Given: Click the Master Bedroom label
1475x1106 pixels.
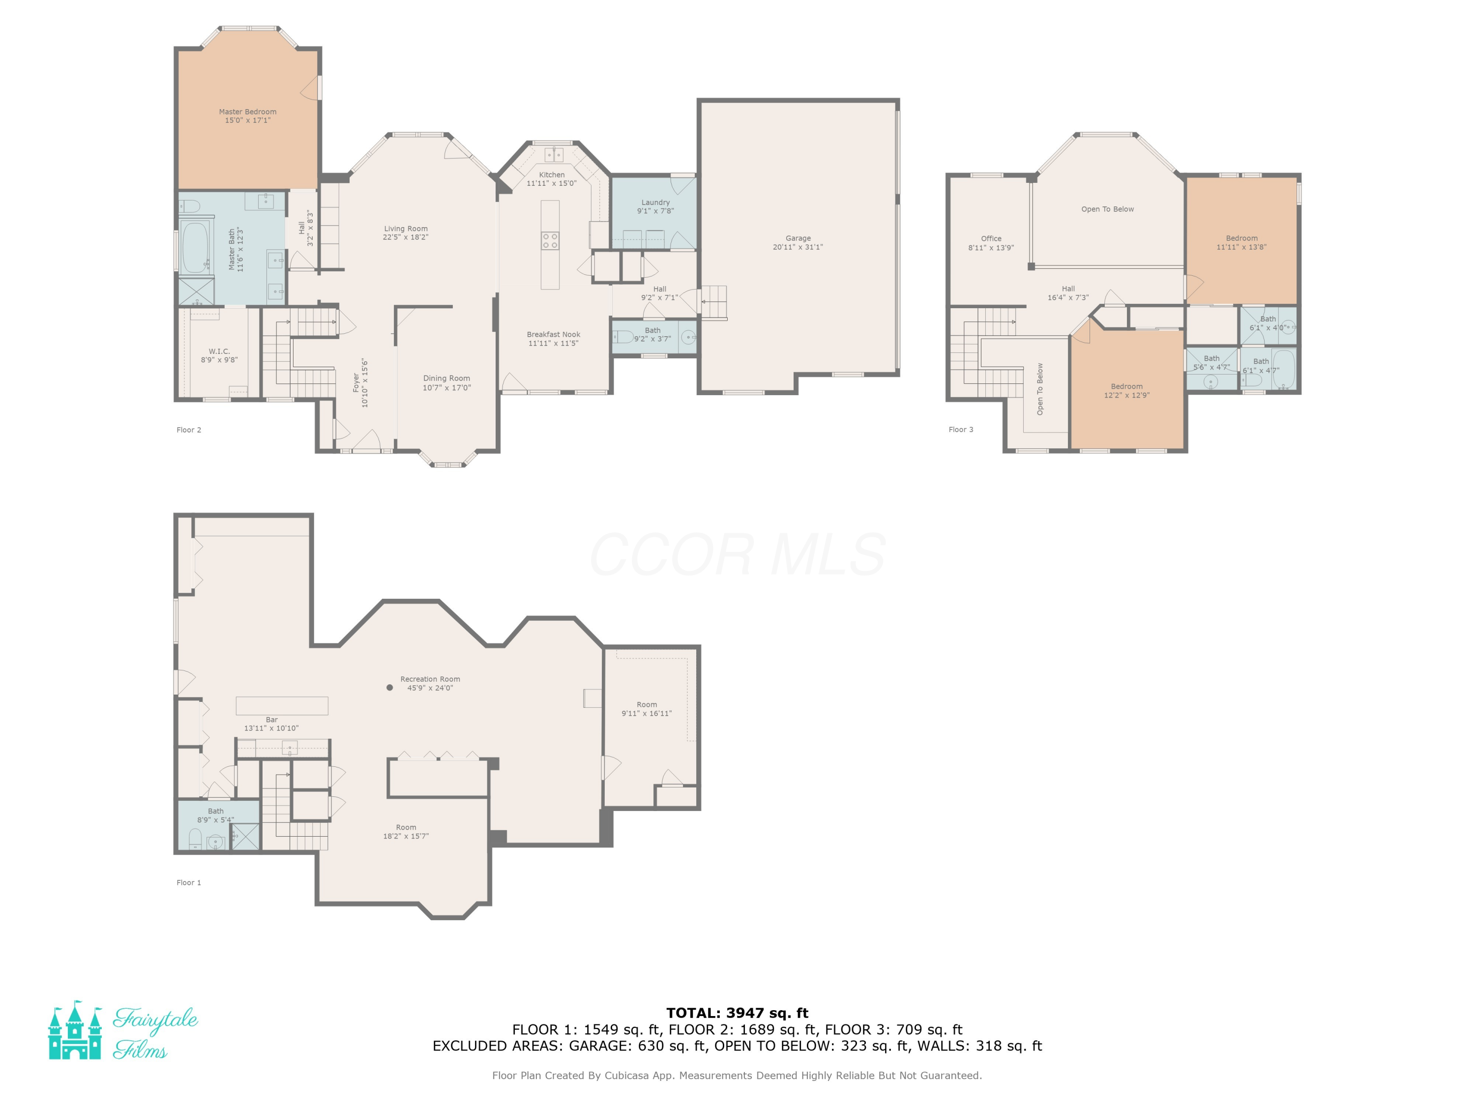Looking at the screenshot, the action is pyautogui.click(x=247, y=112).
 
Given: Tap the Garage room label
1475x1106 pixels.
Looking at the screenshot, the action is pyautogui.click(x=798, y=238).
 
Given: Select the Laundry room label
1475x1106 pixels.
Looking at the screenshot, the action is pyautogui.click(x=655, y=203).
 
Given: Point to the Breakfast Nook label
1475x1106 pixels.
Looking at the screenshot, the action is pyautogui.click(x=554, y=335).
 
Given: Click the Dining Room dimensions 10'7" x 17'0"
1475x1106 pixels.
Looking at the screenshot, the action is pyautogui.click(x=447, y=387).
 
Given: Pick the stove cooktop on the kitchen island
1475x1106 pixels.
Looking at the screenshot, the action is pyautogui.click(x=550, y=241).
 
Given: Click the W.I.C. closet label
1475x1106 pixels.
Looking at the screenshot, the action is pyautogui.click(x=219, y=351).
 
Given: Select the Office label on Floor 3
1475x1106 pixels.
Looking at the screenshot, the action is pyautogui.click(x=991, y=239).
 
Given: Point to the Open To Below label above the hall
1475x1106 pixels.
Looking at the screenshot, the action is pyautogui.click(x=1108, y=209).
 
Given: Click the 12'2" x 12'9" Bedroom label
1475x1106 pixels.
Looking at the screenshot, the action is pyautogui.click(x=1127, y=387).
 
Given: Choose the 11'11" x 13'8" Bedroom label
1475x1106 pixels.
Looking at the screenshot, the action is pyautogui.click(x=1241, y=238).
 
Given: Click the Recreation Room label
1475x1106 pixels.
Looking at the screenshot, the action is pyautogui.click(x=430, y=679).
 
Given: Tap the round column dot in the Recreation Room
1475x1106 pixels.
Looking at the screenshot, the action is pyautogui.click(x=390, y=687).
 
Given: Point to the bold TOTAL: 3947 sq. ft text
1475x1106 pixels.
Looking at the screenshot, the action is pyautogui.click(x=737, y=1013).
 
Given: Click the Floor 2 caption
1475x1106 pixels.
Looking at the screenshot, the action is pyautogui.click(x=189, y=430).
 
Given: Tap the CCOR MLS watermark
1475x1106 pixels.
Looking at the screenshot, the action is pyautogui.click(x=737, y=554).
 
